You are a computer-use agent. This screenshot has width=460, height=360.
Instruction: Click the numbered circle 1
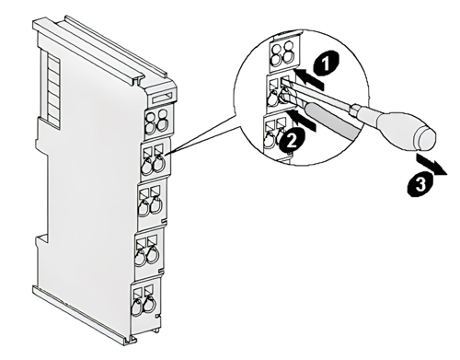(x=326, y=64)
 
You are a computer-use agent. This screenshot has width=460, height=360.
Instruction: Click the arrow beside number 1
(x=309, y=79)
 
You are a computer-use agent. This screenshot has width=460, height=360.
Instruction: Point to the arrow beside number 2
(x=303, y=121)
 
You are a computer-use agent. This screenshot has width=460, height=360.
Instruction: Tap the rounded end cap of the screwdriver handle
(x=424, y=140)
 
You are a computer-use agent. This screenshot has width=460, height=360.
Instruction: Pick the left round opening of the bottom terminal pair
(x=137, y=308)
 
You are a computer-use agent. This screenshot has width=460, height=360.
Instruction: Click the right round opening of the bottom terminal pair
(x=149, y=306)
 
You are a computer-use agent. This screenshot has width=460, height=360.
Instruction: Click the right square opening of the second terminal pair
(x=158, y=149)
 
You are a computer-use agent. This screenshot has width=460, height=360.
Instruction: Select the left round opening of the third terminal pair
(x=143, y=209)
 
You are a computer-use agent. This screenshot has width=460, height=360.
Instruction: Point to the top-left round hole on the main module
(x=151, y=117)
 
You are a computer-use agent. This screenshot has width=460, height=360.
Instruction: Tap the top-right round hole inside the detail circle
(x=288, y=48)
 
